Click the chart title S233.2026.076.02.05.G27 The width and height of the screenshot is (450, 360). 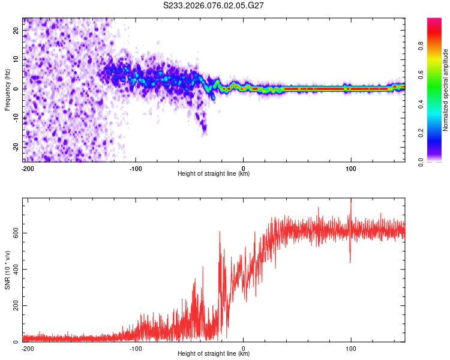214,5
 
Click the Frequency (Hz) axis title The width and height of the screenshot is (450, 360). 7,89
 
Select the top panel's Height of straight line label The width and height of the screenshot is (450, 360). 214,173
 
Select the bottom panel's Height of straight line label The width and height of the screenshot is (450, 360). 214,353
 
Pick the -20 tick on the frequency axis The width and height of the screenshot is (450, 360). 16,146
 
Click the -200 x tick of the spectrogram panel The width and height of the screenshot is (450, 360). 27,168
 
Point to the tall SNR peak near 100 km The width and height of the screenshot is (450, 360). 351,200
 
